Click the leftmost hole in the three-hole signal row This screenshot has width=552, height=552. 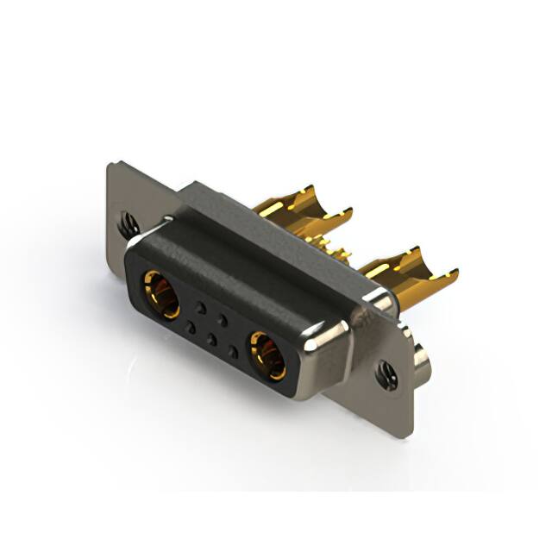pos(190,326)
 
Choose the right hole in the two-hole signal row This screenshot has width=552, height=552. pos(223,319)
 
